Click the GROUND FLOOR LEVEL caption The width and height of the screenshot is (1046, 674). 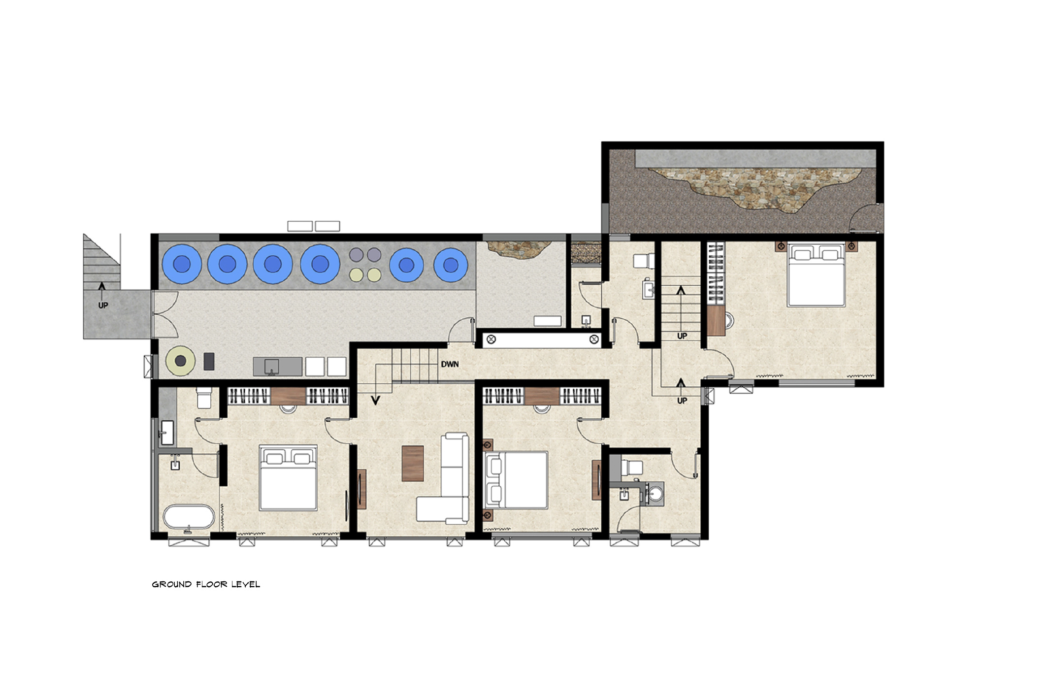click(x=206, y=584)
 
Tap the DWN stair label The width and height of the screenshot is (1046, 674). click(x=450, y=364)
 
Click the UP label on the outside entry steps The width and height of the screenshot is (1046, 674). click(x=103, y=305)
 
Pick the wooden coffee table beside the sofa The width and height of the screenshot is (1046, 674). click(x=413, y=463)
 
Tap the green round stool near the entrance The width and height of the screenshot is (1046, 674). click(x=181, y=361)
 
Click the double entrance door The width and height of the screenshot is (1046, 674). click(x=165, y=314)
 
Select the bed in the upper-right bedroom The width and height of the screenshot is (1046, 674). click(x=817, y=274)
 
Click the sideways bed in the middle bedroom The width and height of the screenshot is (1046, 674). click(x=516, y=480)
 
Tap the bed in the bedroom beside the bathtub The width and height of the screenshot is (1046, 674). click(x=288, y=477)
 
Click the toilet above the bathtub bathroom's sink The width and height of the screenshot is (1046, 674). click(x=204, y=398)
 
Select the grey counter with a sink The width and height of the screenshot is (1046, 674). click(x=278, y=367)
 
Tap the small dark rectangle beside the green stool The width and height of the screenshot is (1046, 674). click(x=209, y=361)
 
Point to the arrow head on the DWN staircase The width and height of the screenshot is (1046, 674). click(x=376, y=400)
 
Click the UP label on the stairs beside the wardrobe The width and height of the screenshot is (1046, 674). click(x=682, y=336)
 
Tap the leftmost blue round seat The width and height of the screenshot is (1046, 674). click(x=182, y=264)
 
